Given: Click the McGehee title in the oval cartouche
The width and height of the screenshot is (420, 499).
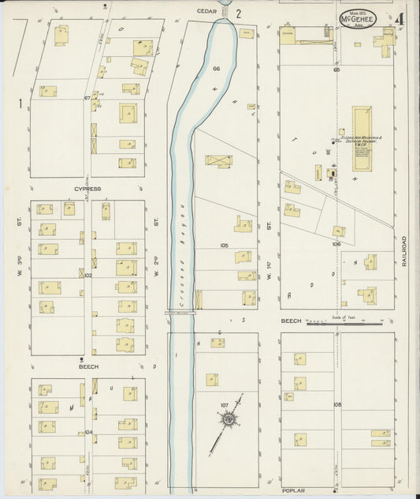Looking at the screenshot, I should click(358, 17).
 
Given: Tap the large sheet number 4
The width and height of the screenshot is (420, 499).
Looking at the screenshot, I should click(402, 18).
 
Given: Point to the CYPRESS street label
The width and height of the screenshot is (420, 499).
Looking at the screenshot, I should click(87, 189).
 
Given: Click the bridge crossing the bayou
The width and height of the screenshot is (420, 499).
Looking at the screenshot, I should click(180, 313).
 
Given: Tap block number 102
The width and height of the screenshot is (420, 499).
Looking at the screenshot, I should click(87, 276).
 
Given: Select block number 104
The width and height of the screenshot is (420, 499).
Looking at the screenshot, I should click(88, 432).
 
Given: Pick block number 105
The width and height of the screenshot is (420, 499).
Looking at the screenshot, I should click(225, 246).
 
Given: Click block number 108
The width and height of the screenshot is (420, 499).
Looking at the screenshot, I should click(337, 404).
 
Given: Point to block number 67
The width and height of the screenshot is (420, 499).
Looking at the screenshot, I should click(88, 98).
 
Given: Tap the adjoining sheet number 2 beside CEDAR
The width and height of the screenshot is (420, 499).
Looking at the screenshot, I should click(236, 13).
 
